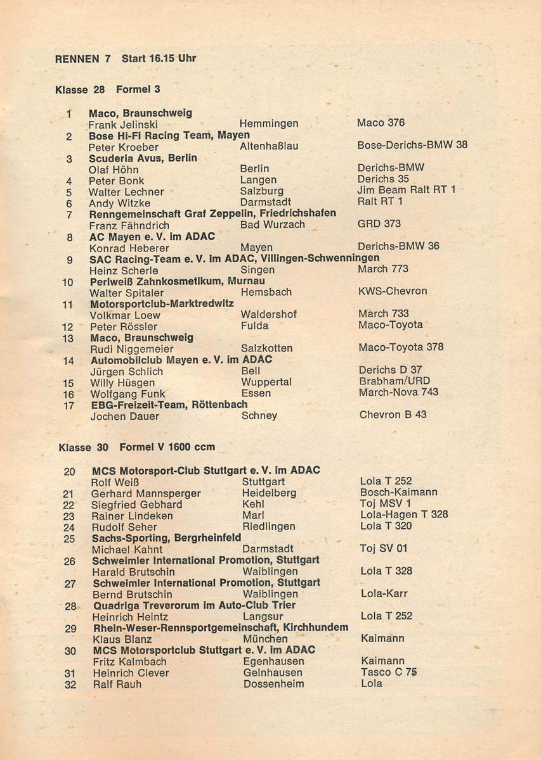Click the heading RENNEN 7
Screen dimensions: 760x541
click(83, 59)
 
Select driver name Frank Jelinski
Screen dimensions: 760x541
click(123, 125)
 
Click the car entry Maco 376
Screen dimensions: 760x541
click(381, 123)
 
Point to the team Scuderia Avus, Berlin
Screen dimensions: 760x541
click(143, 158)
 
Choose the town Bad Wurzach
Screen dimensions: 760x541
click(273, 225)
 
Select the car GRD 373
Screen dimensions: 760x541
click(379, 224)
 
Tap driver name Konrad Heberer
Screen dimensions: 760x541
click(129, 248)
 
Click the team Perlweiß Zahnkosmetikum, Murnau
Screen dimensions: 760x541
click(178, 281)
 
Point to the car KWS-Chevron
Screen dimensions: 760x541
click(393, 291)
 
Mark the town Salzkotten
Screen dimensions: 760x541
click(267, 348)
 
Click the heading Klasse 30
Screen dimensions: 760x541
click(83, 447)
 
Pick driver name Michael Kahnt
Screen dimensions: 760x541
click(127, 549)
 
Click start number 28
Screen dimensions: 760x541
click(70, 606)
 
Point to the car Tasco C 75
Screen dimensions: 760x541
click(389, 673)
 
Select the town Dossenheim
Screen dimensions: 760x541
click(273, 684)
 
